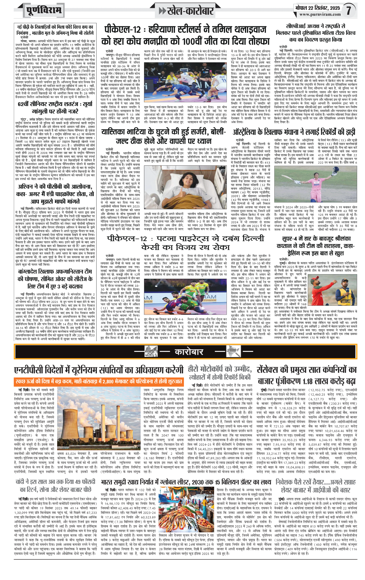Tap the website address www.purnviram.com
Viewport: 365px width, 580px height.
pyautogui.click(x=320, y=14)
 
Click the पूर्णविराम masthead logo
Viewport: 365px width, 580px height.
pyautogui.click(x=44, y=11)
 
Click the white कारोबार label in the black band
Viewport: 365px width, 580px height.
pyautogui.click(x=189, y=352)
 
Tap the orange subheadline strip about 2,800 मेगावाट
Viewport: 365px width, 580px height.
pyautogui.click(x=99, y=381)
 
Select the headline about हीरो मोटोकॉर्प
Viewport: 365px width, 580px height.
pyautogui.click(x=219, y=373)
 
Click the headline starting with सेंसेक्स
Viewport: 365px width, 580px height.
pyautogui.click(x=307, y=375)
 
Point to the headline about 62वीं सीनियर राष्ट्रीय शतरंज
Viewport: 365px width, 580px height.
pyautogui.click(x=55, y=107)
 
